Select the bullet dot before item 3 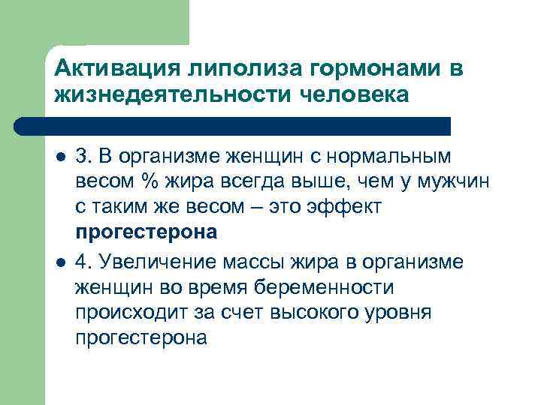point(60,159)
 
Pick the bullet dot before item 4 point(60,262)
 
